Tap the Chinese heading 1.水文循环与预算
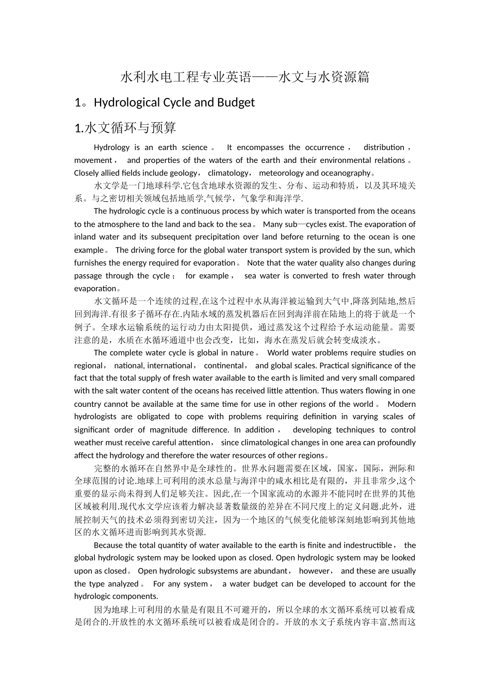point(125,128)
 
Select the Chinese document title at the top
point(244,77)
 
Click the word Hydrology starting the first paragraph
point(112,147)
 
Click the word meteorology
point(281,173)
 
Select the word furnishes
point(90,263)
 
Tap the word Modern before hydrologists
point(401,404)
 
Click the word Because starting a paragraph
point(110,546)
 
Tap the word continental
point(224,366)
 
